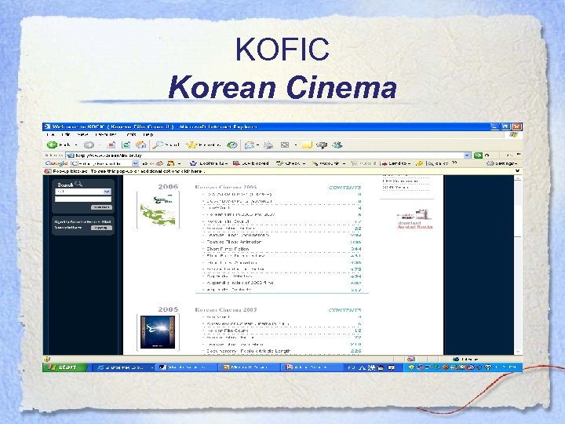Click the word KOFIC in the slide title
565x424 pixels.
tap(282, 51)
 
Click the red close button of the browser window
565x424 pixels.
tap(516, 126)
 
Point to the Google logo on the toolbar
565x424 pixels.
tap(55, 163)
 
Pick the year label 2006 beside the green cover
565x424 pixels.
tap(169, 187)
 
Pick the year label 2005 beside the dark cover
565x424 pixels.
tap(169, 309)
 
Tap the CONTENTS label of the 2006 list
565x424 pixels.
tap(345, 187)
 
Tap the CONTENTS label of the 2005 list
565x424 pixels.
tap(345, 309)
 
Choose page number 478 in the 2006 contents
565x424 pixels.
tap(355, 269)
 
